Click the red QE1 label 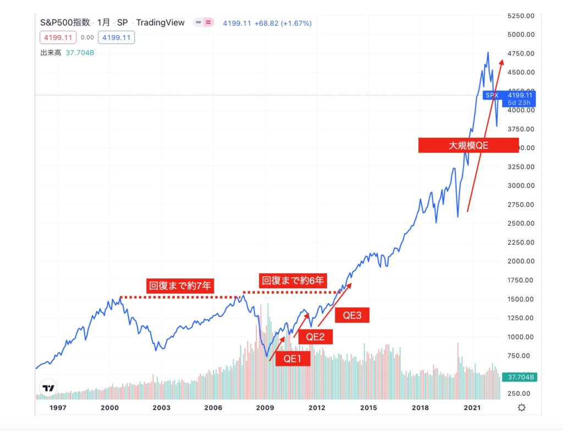click(293, 359)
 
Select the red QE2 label click(315, 337)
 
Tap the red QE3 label click(352, 316)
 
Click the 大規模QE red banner click(468, 145)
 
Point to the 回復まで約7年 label click(179, 286)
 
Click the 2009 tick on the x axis click(265, 407)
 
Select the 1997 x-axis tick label click(58, 407)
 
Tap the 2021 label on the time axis click(473, 407)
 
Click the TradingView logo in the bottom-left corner click(48, 388)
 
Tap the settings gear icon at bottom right click(521, 407)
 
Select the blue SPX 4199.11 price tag click(509, 98)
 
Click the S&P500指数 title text click(65, 23)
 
